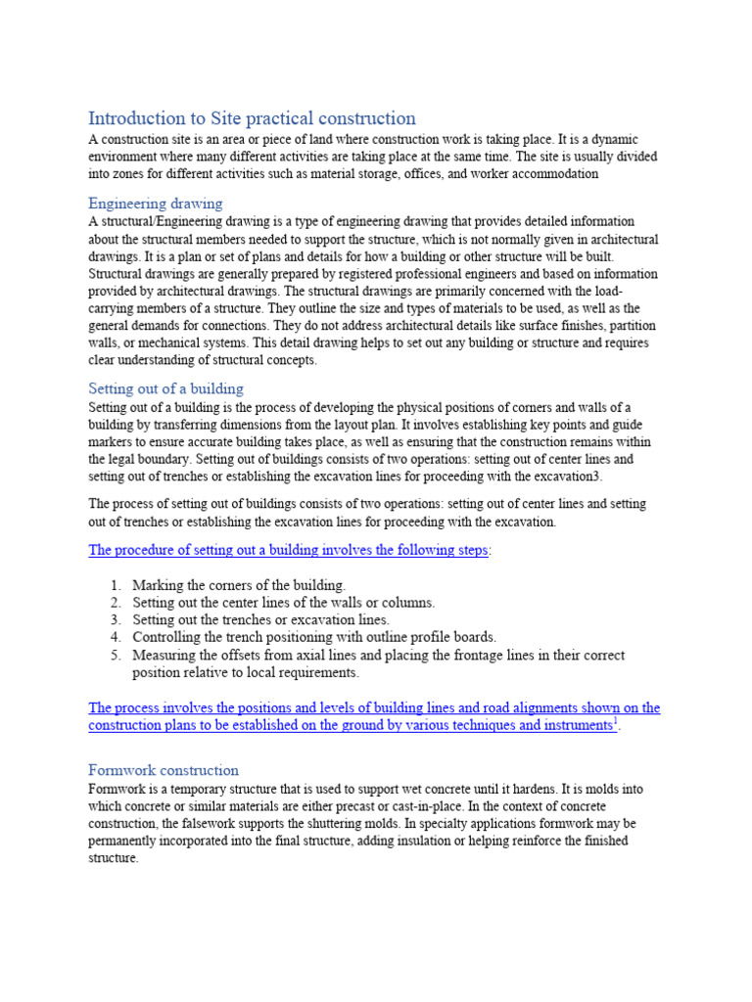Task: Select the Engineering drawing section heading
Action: click(x=156, y=204)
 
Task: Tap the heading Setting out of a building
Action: click(x=166, y=388)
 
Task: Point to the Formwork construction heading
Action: click(x=164, y=770)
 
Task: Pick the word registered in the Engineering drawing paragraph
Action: click(x=307, y=274)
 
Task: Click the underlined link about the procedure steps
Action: click(x=288, y=550)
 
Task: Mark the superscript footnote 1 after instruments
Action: click(x=615, y=721)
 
